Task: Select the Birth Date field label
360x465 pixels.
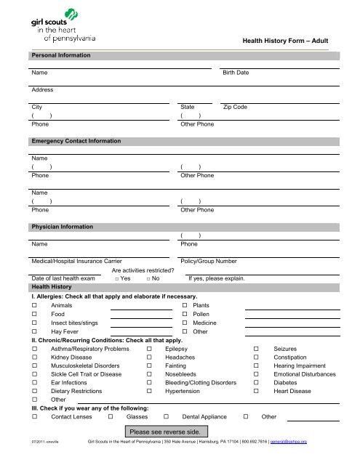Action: (x=235, y=73)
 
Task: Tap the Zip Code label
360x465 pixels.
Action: (x=235, y=107)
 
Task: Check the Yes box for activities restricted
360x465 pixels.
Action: (x=117, y=278)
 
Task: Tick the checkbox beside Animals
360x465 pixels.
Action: (x=35, y=306)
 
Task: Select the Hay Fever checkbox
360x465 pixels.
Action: (x=35, y=331)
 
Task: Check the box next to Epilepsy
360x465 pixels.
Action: (x=149, y=349)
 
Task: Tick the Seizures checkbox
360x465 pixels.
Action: (x=257, y=349)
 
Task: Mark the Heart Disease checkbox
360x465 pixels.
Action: (x=257, y=392)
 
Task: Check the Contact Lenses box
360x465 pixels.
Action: (x=35, y=418)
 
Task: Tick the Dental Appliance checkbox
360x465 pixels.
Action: (x=167, y=418)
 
